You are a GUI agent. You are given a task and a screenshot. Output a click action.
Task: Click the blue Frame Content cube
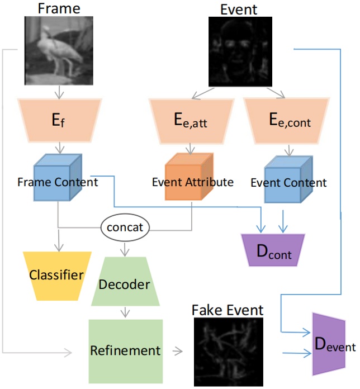(58, 177)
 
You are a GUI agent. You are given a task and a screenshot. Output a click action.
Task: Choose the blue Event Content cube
(288, 177)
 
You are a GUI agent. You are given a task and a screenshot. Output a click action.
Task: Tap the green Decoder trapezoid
(125, 283)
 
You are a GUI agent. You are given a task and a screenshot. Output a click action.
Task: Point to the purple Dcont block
(273, 251)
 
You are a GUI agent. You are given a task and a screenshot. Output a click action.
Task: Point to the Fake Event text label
(228, 310)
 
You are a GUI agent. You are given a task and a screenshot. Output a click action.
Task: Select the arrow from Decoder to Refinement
(125, 311)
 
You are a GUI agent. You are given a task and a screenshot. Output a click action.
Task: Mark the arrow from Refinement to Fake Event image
(177, 352)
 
